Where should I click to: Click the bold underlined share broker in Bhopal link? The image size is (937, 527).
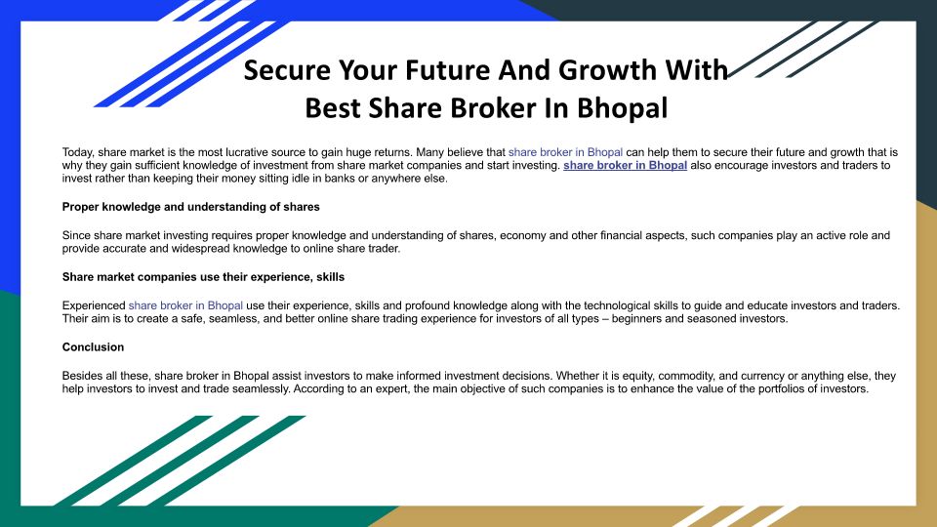(625, 166)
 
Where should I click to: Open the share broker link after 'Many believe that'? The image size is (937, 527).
(565, 152)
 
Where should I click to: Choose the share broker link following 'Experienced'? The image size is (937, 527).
(185, 305)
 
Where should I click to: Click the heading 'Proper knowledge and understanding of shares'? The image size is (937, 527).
(190, 207)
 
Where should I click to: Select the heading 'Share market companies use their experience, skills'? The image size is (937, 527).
(203, 277)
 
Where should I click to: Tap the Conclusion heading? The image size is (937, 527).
(93, 347)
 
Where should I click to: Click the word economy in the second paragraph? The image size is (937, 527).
(522, 236)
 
